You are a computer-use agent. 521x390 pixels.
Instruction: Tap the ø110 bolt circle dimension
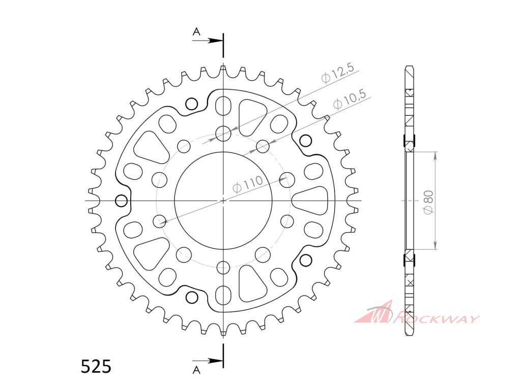click(248, 184)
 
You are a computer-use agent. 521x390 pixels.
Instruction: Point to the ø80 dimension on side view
click(428, 201)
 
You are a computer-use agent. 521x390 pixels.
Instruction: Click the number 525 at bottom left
click(96, 367)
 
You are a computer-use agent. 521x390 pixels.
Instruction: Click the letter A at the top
click(197, 31)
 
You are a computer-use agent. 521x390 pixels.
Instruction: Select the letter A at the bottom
click(197, 370)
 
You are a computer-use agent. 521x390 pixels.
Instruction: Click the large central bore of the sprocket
click(223, 200)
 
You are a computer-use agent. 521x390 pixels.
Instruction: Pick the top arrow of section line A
click(208, 41)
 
